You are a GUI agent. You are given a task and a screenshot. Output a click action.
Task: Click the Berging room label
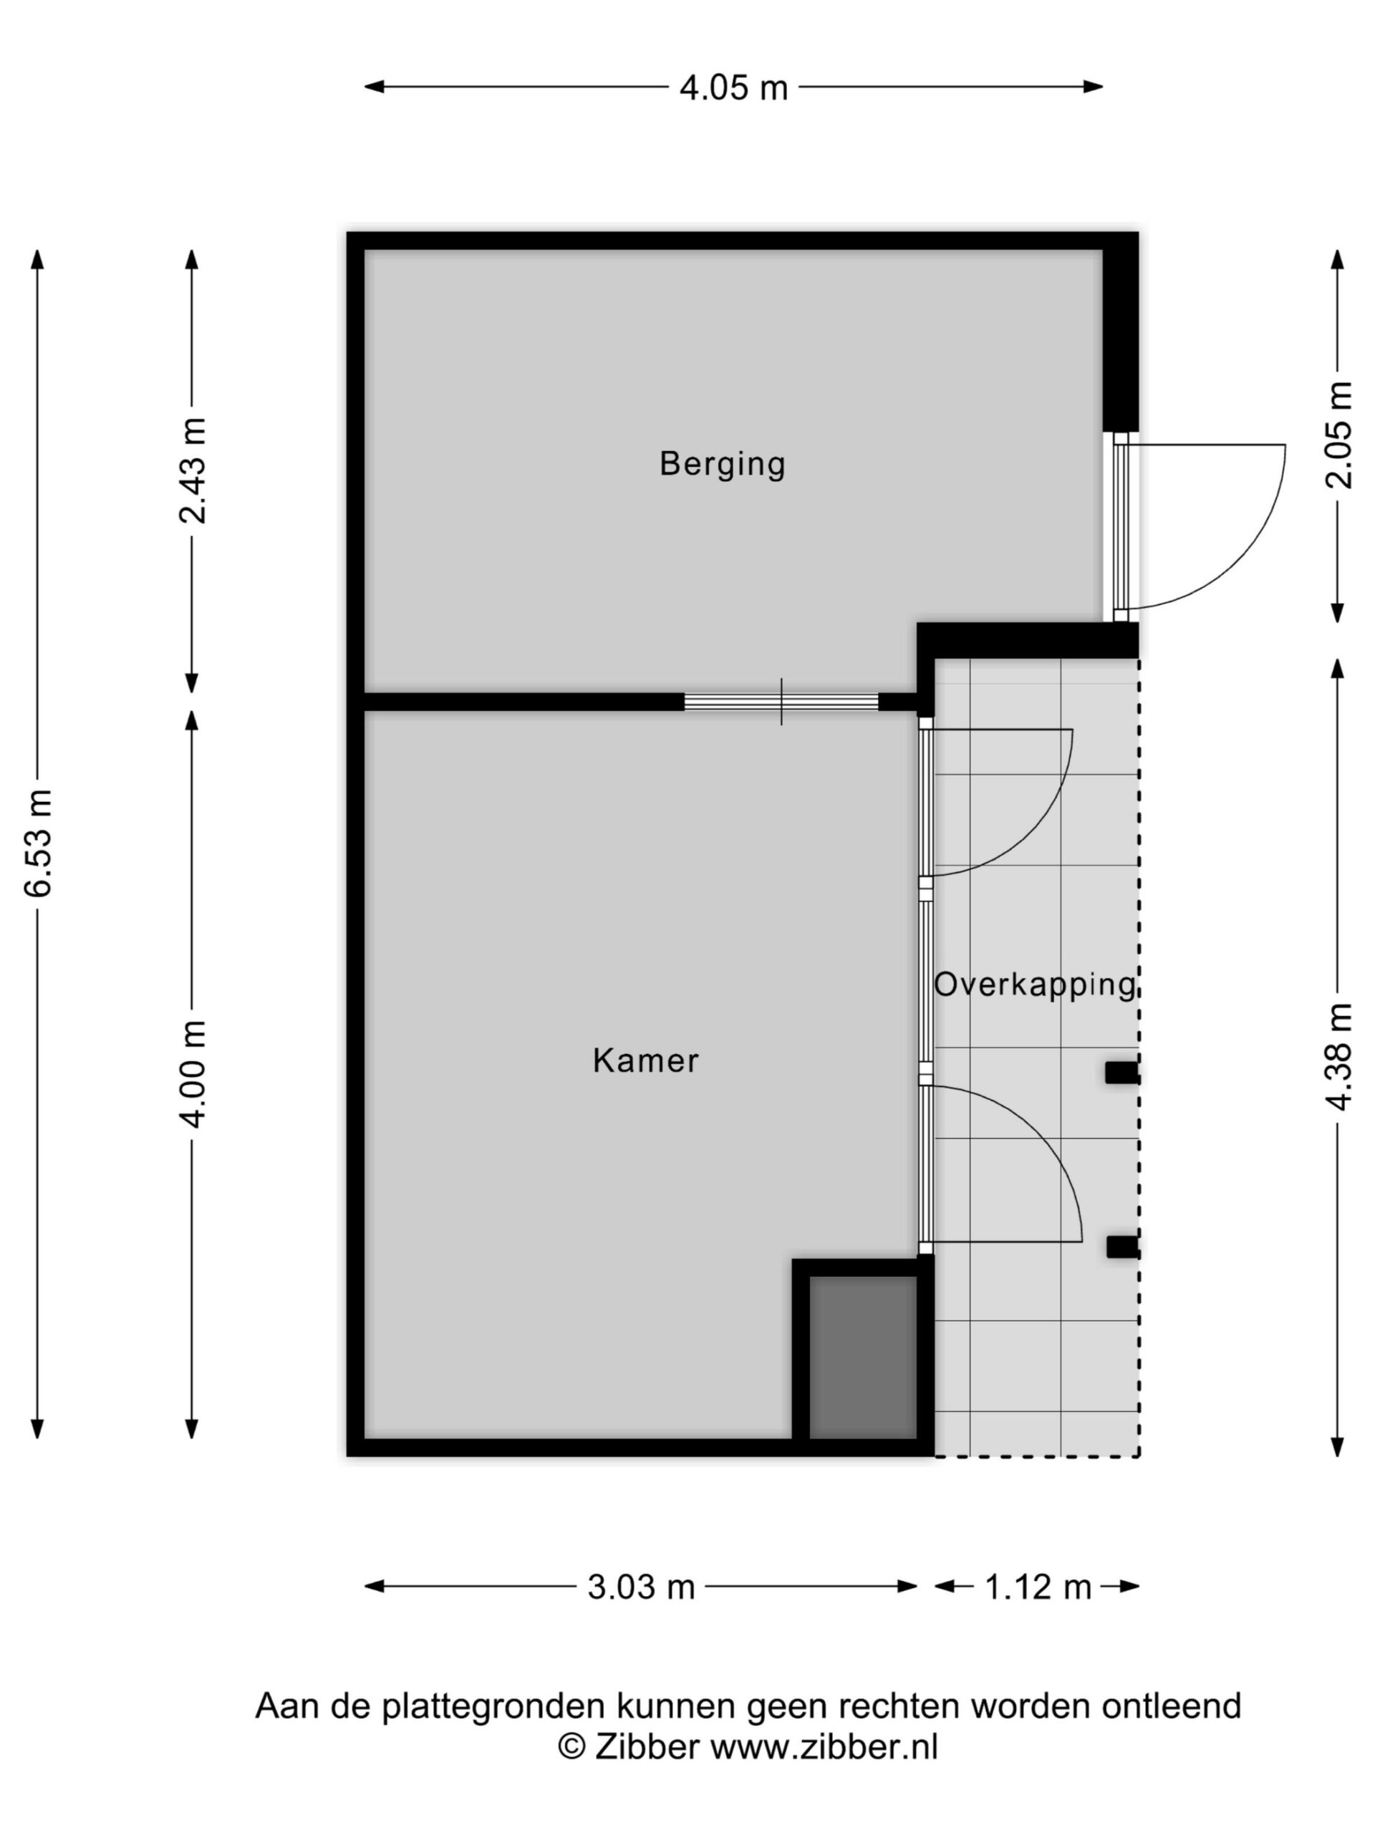722,463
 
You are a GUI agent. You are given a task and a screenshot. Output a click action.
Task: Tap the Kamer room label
646,1060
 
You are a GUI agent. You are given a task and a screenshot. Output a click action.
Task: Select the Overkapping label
1035,985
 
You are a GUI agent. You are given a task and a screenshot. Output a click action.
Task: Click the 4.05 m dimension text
733,88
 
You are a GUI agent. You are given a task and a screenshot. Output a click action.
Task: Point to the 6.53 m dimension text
39,843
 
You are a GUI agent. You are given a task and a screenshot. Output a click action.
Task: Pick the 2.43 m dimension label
192,470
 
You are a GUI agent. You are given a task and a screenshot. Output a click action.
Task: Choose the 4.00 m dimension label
192,1074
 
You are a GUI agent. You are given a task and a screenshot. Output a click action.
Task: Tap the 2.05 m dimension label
1337,436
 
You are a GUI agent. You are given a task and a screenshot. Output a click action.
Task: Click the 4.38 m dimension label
1337,1057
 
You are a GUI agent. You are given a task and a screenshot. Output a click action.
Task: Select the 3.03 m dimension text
641,1587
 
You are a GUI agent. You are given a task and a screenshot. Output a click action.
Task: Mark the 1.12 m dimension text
1037,1587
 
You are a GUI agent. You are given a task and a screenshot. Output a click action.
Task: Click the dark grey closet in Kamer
862,1357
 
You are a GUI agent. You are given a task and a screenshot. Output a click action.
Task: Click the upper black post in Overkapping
1122,1073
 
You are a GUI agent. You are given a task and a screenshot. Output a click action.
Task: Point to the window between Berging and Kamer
781,702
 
